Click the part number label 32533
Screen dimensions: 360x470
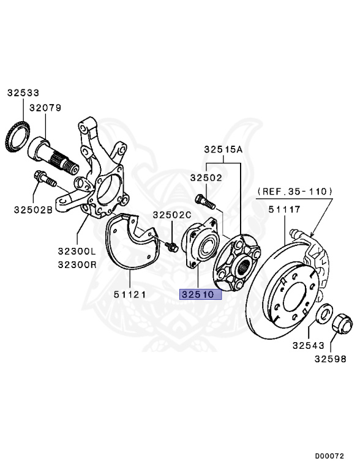[x=23, y=93]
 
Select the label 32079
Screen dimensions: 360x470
[x=45, y=108]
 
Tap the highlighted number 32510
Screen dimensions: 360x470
[x=198, y=294]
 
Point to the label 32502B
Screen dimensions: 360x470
[x=33, y=209]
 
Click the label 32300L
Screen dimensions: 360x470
[x=77, y=251]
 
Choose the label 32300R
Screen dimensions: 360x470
[x=77, y=264]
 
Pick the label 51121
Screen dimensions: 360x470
[x=130, y=294]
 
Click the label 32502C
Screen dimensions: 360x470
[x=172, y=215]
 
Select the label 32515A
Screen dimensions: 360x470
[x=223, y=149]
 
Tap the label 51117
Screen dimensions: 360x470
[x=285, y=209]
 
